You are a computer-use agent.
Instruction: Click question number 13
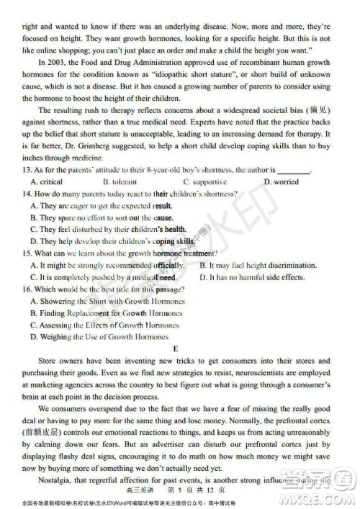pyautogui.click(x=27, y=170)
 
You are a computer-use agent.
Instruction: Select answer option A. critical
pyautogui.click(x=47, y=182)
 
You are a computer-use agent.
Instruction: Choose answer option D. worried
pyautogui.click(x=281, y=182)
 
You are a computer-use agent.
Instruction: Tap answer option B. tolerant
pyautogui.click(x=120, y=182)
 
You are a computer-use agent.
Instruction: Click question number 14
pyautogui.click(x=27, y=194)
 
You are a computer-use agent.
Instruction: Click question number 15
pyautogui.click(x=27, y=253)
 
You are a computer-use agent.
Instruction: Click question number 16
pyautogui.click(x=27, y=289)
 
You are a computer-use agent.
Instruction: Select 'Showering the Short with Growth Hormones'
pyautogui.click(x=107, y=301)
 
